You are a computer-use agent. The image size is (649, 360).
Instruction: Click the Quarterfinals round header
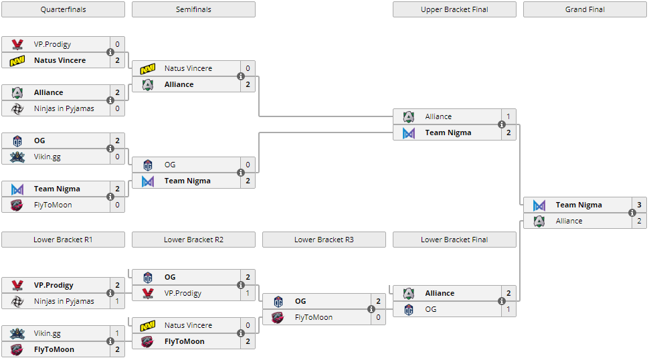63,9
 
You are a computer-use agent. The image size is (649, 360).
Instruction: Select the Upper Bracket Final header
454,9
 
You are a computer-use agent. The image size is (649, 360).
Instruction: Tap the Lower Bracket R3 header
324,240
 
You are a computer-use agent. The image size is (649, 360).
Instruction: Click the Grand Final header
585,9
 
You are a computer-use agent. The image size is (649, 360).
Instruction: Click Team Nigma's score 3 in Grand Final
639,205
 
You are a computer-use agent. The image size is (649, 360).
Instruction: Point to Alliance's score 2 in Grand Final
639,221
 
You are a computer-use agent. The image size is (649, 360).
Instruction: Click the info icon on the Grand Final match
632,213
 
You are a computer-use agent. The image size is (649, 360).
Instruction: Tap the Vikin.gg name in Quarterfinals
48,157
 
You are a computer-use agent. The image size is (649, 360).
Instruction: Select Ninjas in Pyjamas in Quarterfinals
64,108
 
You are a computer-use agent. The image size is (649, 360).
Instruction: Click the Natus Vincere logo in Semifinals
148,68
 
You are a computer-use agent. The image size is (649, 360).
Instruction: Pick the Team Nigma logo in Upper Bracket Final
409,133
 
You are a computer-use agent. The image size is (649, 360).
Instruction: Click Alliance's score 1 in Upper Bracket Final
508,116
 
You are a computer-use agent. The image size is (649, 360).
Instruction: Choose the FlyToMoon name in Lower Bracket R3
313,317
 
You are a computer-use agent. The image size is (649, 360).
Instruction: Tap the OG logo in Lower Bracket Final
409,310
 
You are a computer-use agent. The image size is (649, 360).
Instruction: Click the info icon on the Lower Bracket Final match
502,301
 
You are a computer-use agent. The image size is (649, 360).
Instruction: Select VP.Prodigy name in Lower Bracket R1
54,285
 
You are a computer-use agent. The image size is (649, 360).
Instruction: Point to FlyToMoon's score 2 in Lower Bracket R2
248,341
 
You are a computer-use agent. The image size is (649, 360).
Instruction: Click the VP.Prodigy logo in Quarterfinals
17,44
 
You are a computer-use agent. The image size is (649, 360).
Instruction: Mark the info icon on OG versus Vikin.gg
110,149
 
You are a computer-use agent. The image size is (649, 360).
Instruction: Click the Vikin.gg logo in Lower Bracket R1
17,333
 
